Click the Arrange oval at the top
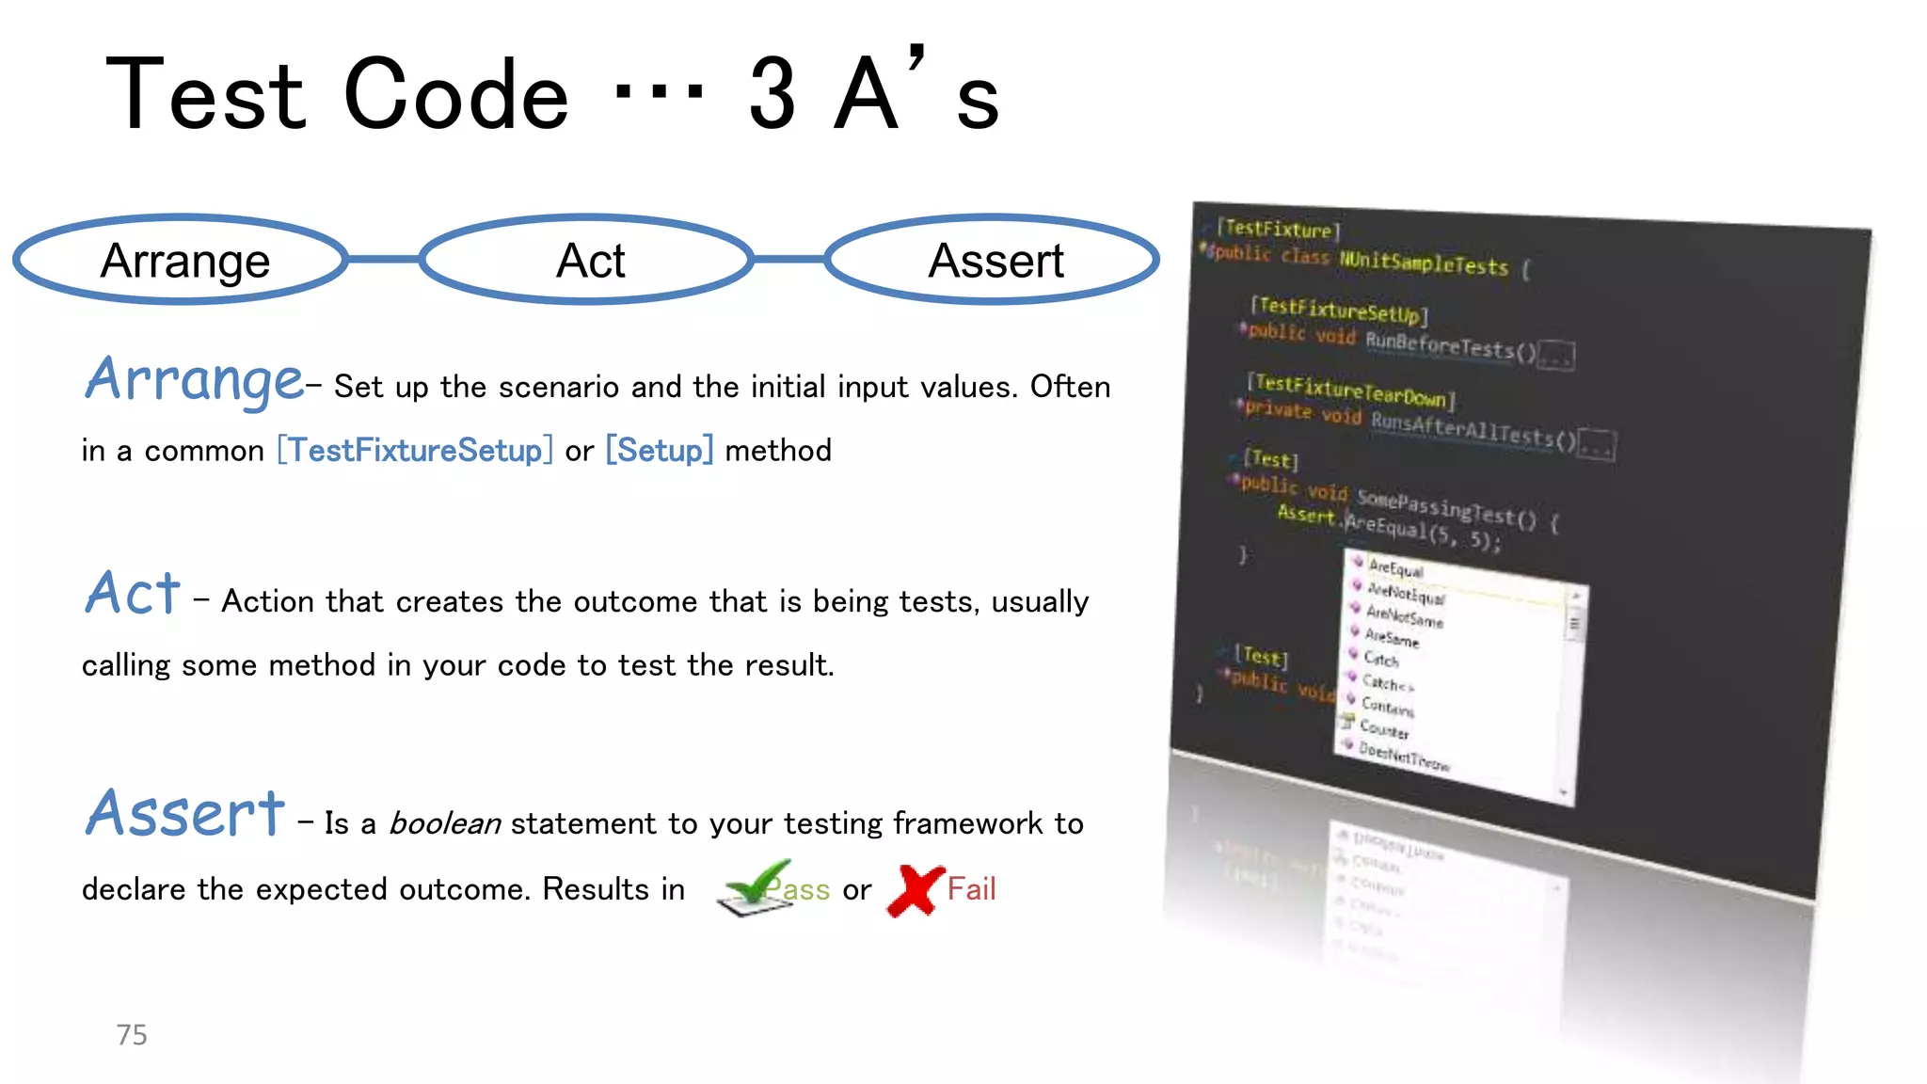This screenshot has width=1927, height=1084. click(x=182, y=260)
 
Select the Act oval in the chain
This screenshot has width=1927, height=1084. click(x=588, y=260)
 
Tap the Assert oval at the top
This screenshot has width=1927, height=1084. click(x=994, y=260)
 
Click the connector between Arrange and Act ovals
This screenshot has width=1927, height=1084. click(x=384, y=259)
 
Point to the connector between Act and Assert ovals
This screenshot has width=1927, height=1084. click(x=788, y=259)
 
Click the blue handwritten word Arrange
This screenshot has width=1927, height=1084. click(x=194, y=379)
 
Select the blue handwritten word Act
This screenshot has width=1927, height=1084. click(x=133, y=594)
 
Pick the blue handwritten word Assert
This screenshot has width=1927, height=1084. click(x=184, y=813)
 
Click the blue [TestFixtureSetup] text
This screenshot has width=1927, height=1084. click(x=415, y=451)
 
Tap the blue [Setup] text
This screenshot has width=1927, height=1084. click(x=659, y=451)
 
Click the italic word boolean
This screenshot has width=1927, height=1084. click(x=444, y=824)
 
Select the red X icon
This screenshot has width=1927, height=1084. click(x=915, y=890)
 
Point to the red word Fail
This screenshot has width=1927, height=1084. click(x=971, y=889)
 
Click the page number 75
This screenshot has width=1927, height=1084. click(x=132, y=1035)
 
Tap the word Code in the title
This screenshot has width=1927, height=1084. click(x=456, y=94)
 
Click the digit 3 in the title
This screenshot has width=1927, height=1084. click(x=773, y=94)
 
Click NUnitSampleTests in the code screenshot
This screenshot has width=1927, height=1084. click(x=1423, y=263)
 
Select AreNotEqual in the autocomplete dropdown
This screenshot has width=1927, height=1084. click(x=1406, y=594)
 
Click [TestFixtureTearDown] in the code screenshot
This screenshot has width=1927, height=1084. click(x=1350, y=391)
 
